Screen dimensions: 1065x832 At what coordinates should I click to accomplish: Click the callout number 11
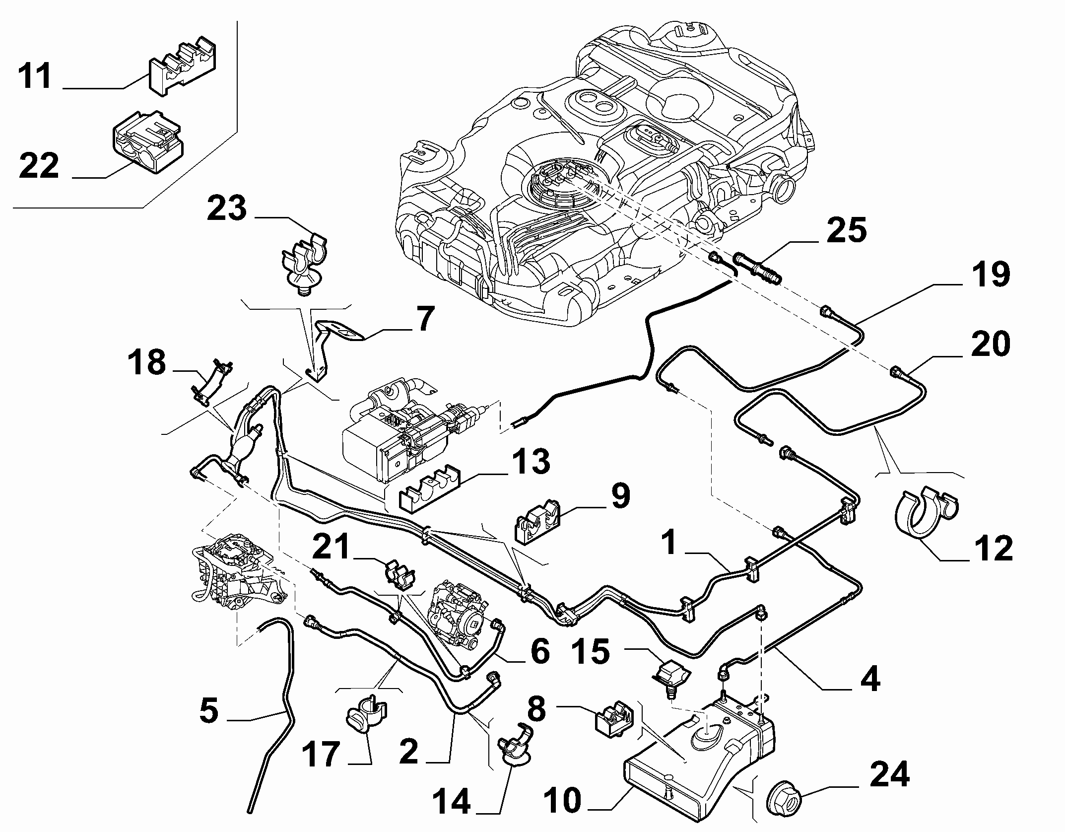click(35, 76)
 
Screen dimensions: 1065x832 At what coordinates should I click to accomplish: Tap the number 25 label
click(847, 230)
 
